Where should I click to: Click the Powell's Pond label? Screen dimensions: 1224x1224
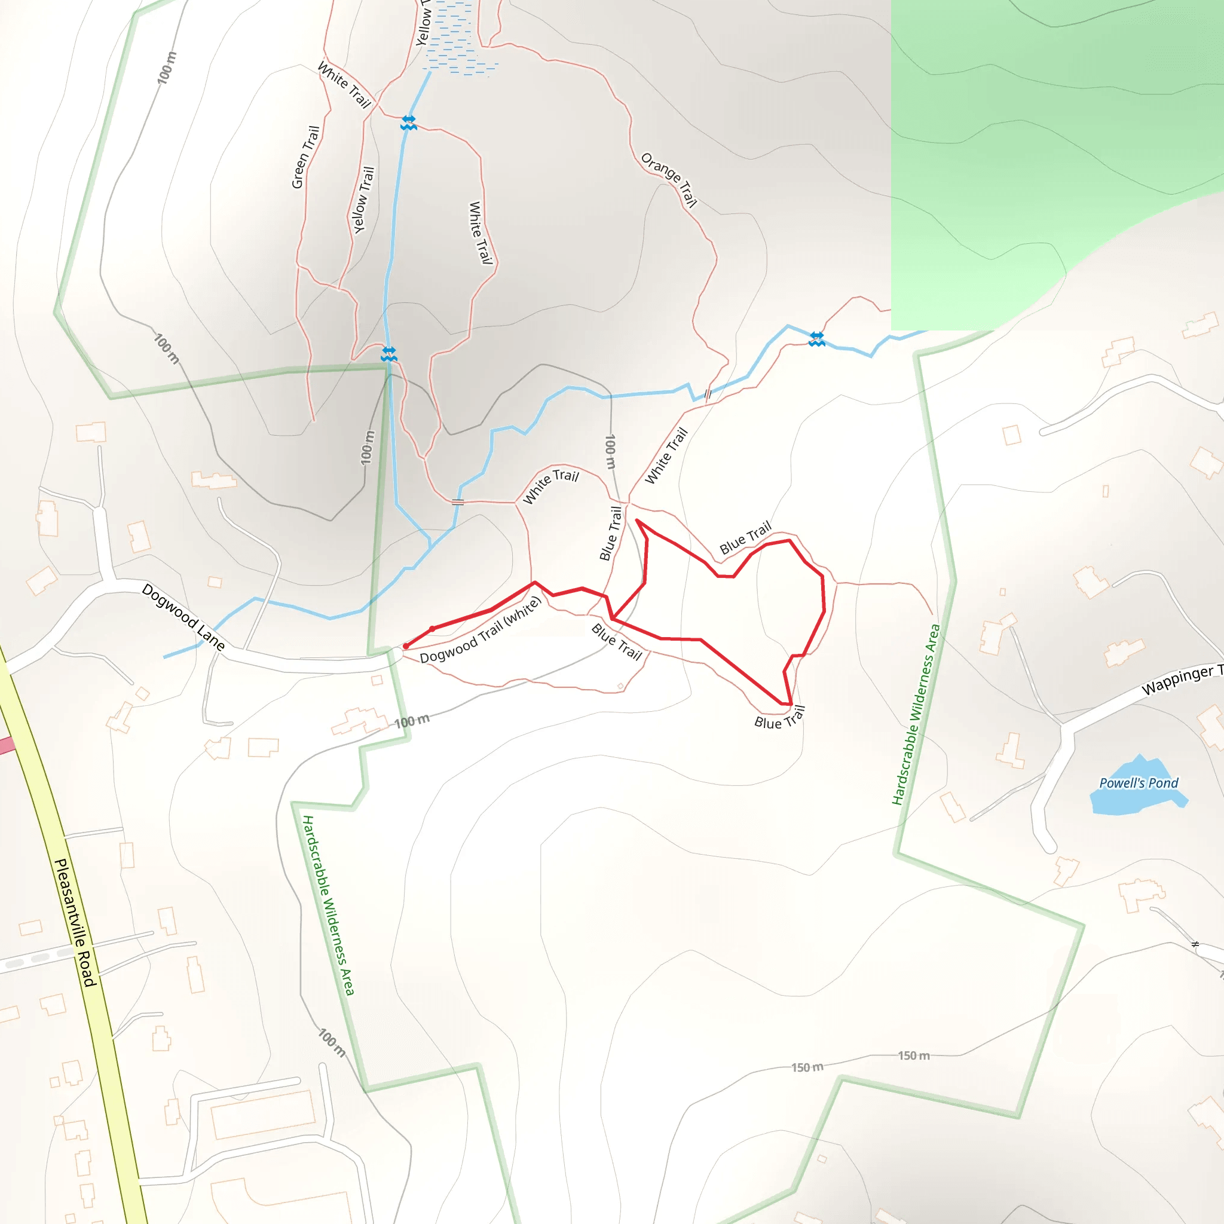(1139, 783)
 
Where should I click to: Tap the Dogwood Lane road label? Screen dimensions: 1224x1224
(183, 616)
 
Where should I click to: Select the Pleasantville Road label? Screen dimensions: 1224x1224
(75, 922)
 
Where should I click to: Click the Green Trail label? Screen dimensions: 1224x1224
(305, 157)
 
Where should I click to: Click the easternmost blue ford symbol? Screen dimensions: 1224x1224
(816, 339)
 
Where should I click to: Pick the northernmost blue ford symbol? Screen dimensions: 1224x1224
(409, 123)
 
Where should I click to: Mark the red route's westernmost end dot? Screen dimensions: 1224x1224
(406, 646)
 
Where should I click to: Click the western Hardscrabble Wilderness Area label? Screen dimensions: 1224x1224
(328, 905)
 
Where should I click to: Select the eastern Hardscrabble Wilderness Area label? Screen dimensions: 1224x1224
(916, 714)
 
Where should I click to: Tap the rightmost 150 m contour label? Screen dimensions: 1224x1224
(914, 1055)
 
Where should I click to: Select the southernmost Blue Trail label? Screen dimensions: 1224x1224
(779, 719)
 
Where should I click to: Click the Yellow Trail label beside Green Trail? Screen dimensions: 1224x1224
(363, 200)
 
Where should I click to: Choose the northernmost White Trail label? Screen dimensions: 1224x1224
(344, 84)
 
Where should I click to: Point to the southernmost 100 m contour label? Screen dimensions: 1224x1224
(332, 1042)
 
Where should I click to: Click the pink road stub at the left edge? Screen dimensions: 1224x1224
(7, 746)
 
